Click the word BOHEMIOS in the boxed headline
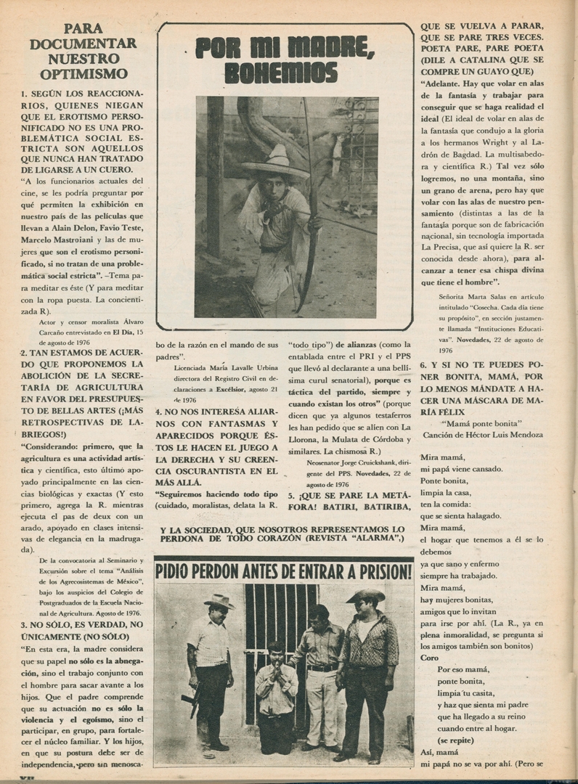pyautogui.click(x=280, y=73)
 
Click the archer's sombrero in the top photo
pyautogui.click(x=276, y=164)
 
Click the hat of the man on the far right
pyautogui.click(x=365, y=596)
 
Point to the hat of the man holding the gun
pyautogui.click(x=218, y=601)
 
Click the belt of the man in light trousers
pyautogui.click(x=322, y=667)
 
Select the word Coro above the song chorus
pyautogui.click(x=430, y=658)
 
